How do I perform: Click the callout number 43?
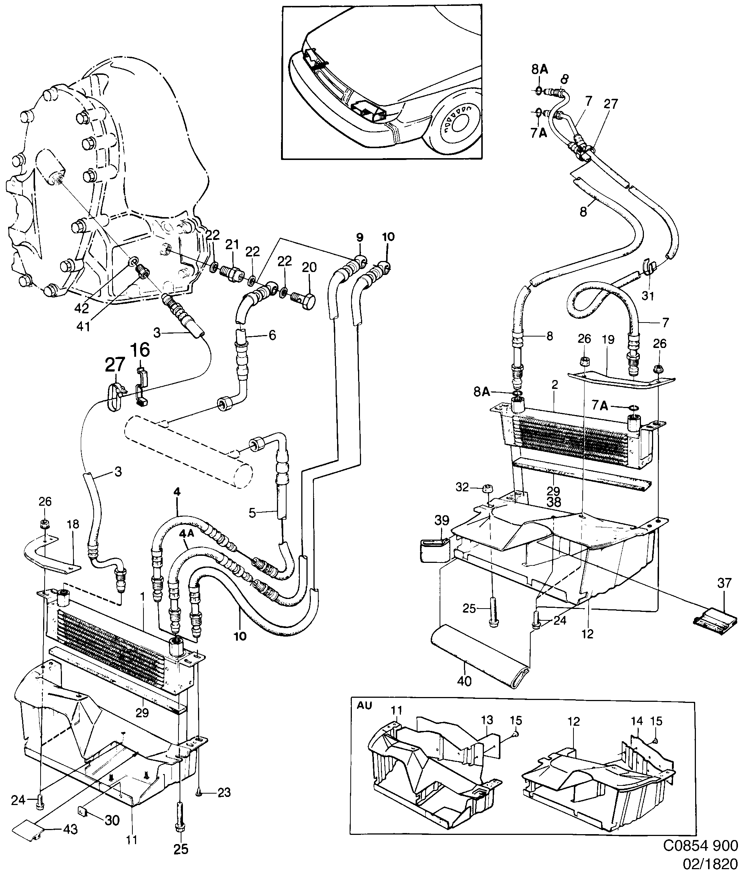click(70, 830)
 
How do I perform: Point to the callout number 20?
click(309, 267)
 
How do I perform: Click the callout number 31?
click(648, 296)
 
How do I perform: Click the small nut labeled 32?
click(488, 489)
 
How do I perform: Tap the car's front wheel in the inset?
click(457, 126)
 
